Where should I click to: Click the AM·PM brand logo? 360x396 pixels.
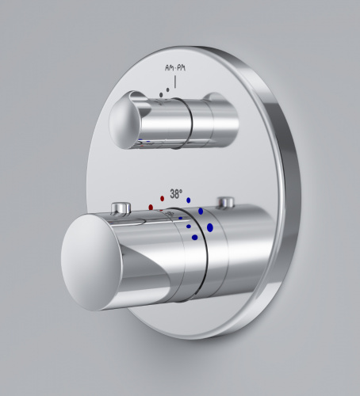[175, 68]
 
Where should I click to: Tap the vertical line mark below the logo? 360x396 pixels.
[175, 82]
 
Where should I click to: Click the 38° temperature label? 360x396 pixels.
[176, 194]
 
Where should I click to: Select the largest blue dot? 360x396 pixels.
[210, 227]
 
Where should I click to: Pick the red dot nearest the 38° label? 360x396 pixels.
[163, 199]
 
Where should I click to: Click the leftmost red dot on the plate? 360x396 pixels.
[151, 208]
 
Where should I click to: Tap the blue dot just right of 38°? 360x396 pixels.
[189, 200]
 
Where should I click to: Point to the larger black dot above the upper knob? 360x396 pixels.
[161, 95]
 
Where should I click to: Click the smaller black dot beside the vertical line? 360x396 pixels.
[168, 89]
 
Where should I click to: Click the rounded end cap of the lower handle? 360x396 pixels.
[91, 261]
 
